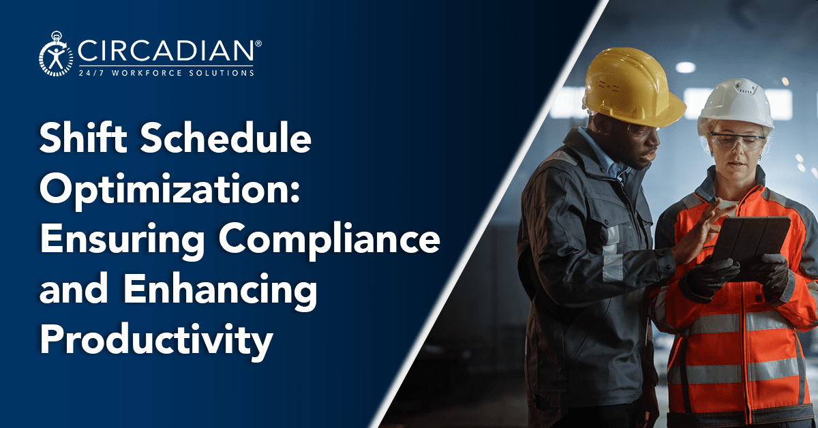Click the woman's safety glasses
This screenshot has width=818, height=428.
[x=737, y=142]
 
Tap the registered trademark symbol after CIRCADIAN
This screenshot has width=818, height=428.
[x=258, y=43]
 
